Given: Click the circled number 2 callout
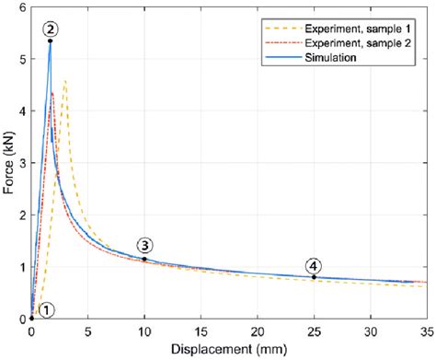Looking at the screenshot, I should click(50, 29).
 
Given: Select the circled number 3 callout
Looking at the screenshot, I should click(145, 245).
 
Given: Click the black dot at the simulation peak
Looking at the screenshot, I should click(50, 41).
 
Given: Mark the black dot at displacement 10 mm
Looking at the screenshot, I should click(144, 259).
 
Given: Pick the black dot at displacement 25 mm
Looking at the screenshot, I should click(314, 277).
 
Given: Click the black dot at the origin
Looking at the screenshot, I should click(32, 319).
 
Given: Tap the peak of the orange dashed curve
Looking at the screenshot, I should click(64, 81).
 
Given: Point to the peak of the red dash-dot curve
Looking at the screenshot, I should click(52, 92).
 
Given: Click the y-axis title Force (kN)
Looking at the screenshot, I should click(9, 162).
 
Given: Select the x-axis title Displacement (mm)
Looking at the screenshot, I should click(229, 350).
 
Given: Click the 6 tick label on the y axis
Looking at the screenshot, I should click(23, 7).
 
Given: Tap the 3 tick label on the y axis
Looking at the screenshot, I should click(23, 163).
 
